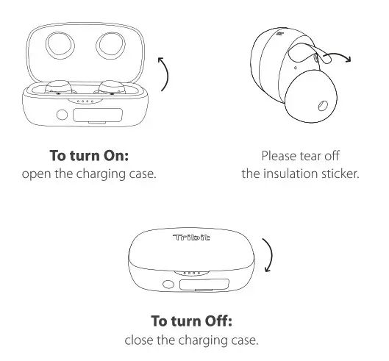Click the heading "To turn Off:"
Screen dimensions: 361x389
point(194,321)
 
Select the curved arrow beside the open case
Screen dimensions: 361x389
point(166,74)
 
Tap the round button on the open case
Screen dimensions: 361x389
point(62,115)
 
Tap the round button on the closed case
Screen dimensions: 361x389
point(169,285)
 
